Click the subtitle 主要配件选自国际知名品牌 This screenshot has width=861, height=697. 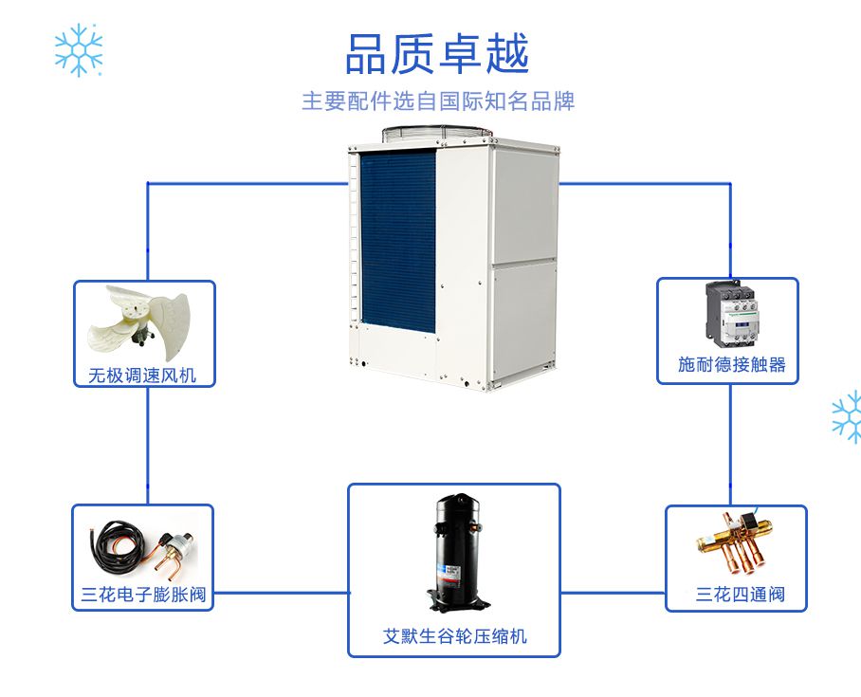[x=438, y=101]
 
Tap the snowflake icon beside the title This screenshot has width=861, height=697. [x=78, y=49]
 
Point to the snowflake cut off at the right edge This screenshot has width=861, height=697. [x=847, y=417]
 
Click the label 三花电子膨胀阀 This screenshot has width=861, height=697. [x=143, y=596]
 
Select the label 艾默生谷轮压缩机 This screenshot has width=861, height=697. [x=454, y=636]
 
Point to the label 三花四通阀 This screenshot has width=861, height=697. [x=740, y=596]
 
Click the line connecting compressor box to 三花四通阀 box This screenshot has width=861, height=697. [x=613, y=594]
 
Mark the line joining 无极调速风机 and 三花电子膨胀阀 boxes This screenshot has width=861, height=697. [x=148, y=446]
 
